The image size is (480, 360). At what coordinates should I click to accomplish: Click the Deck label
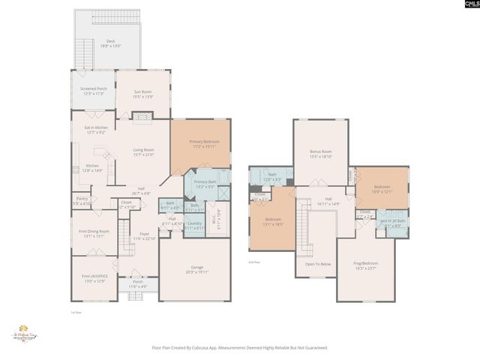(111, 43)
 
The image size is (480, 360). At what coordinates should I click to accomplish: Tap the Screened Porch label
(94, 91)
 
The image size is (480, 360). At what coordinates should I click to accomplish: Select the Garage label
(194, 272)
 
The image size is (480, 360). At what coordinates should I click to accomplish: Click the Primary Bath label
(205, 184)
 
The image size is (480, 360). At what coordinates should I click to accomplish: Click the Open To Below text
(318, 264)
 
